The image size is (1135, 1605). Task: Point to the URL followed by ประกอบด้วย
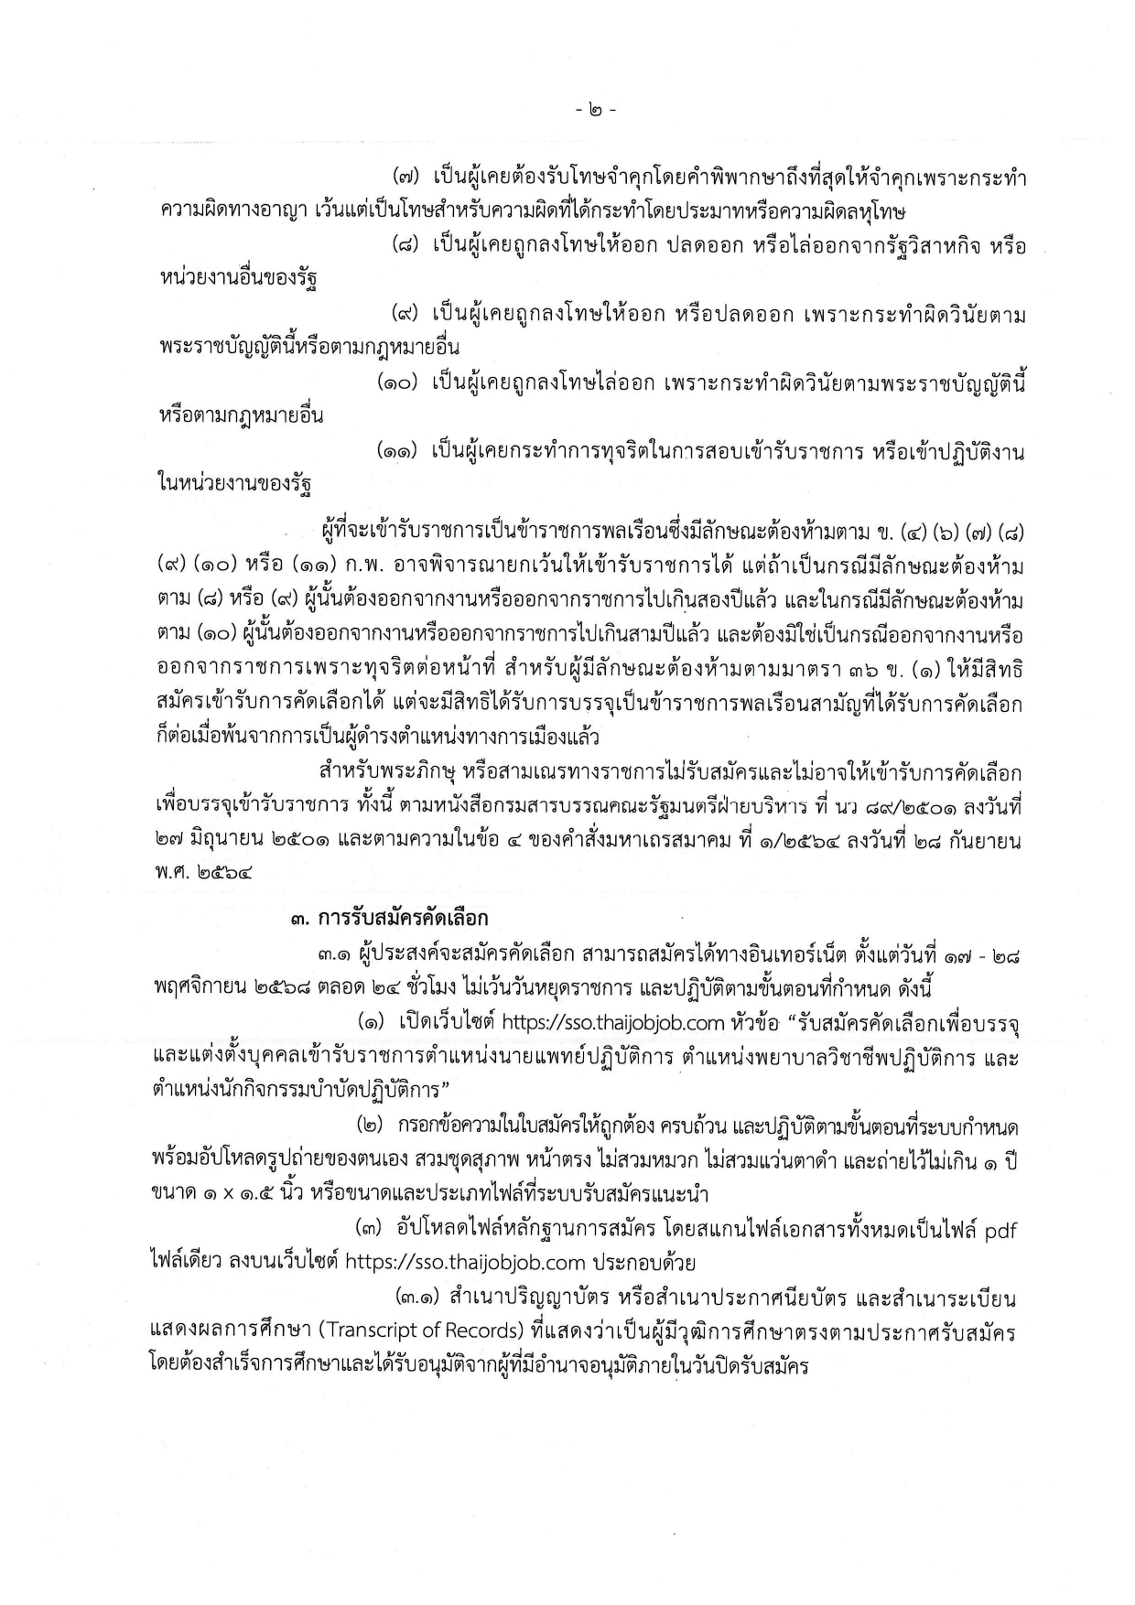point(465,1263)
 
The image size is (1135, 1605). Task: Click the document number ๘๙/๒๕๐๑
point(895,806)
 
